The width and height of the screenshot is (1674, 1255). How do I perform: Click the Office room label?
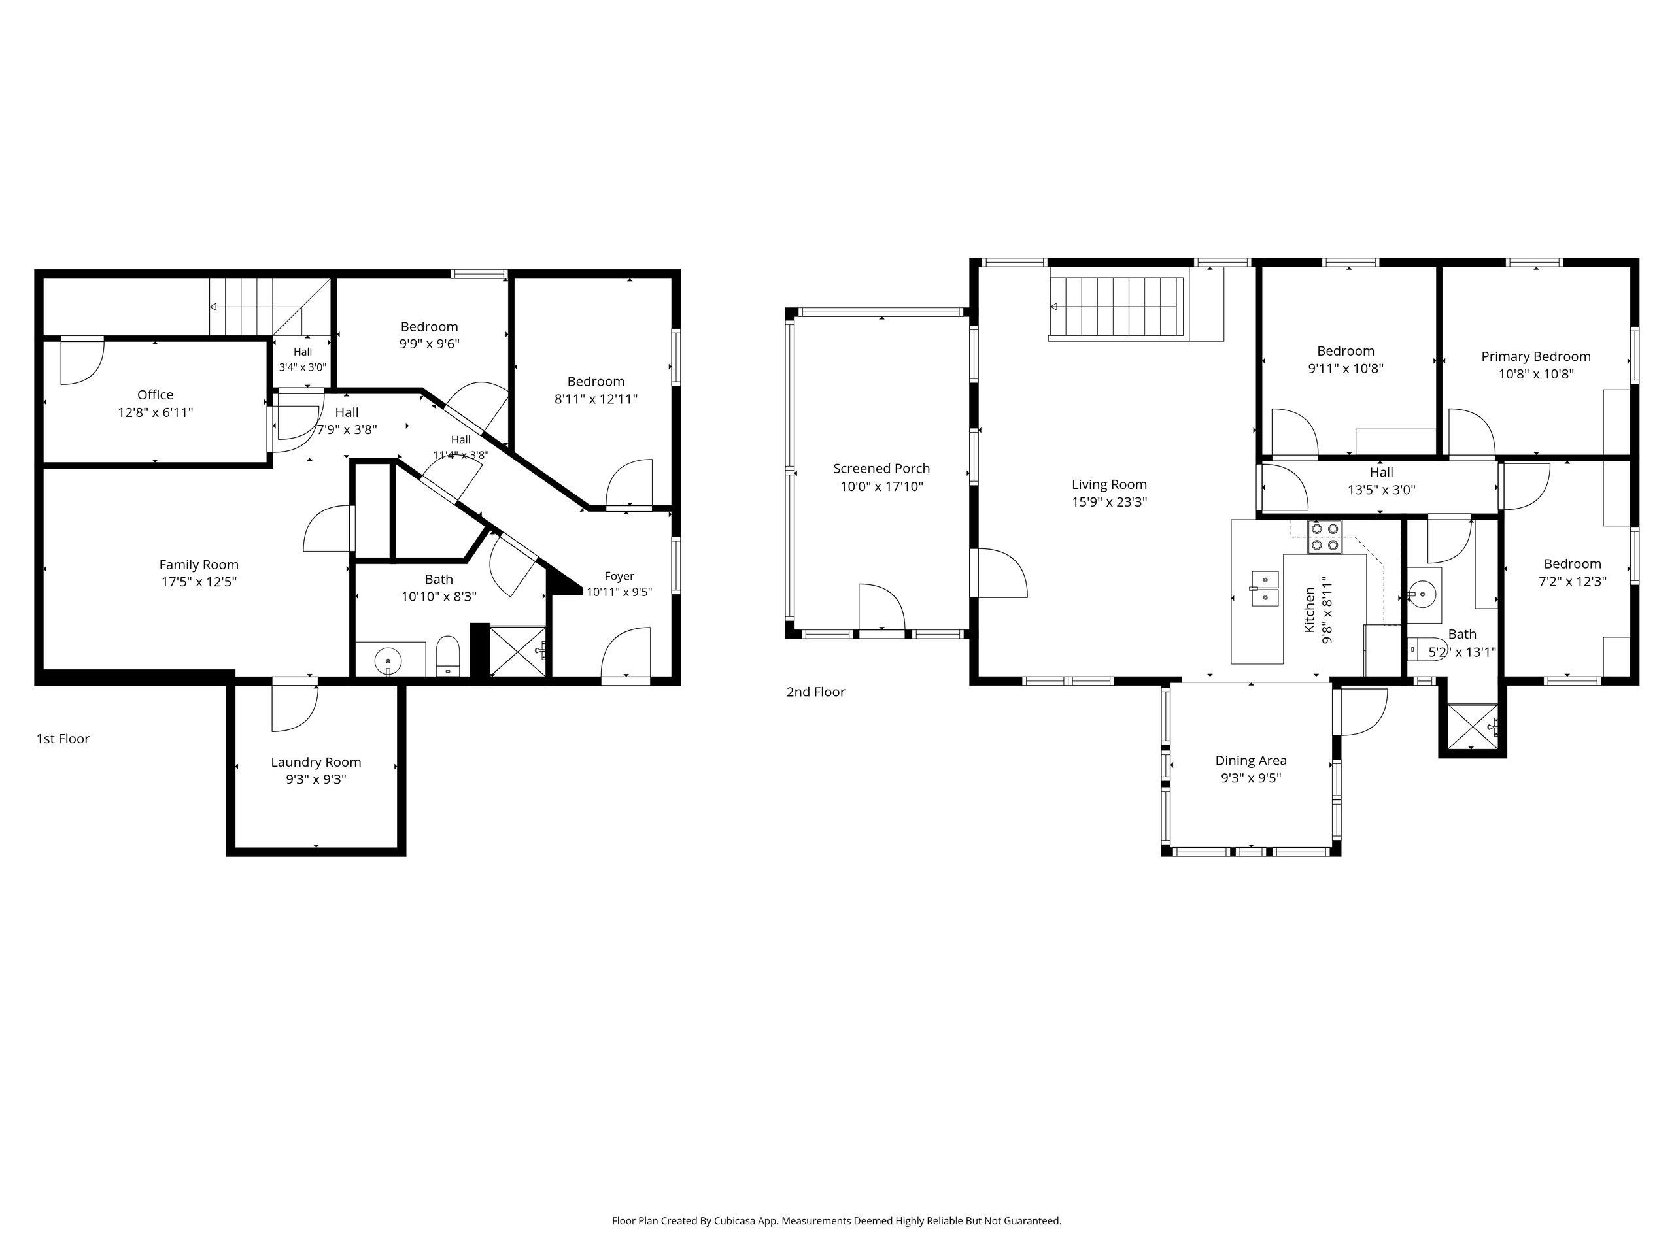pyautogui.click(x=155, y=395)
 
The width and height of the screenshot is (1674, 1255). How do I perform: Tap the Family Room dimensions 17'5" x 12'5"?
pyautogui.click(x=199, y=582)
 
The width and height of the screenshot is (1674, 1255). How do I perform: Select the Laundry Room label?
pyautogui.click(x=316, y=761)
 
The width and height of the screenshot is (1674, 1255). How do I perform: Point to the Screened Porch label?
pyautogui.click(x=881, y=468)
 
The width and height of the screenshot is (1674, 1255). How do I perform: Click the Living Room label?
pyautogui.click(x=1110, y=484)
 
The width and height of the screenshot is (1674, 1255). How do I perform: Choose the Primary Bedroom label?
pyautogui.click(x=1535, y=356)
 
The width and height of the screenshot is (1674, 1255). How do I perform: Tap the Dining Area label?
pyautogui.click(x=1251, y=760)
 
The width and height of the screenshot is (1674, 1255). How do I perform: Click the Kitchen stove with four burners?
pyautogui.click(x=1324, y=537)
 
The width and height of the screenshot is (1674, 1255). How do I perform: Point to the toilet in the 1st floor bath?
pyautogui.click(x=448, y=656)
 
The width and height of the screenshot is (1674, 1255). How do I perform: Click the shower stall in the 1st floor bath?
pyautogui.click(x=518, y=651)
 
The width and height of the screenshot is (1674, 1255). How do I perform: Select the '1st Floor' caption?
pyautogui.click(x=63, y=739)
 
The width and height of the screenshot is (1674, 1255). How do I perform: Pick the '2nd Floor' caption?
pyautogui.click(x=816, y=692)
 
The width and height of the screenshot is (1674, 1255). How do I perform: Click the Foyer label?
pyautogui.click(x=619, y=577)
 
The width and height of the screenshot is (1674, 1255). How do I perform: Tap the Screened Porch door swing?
pyautogui.click(x=882, y=606)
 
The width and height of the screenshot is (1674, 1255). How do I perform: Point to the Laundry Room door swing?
pyautogui.click(x=295, y=707)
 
